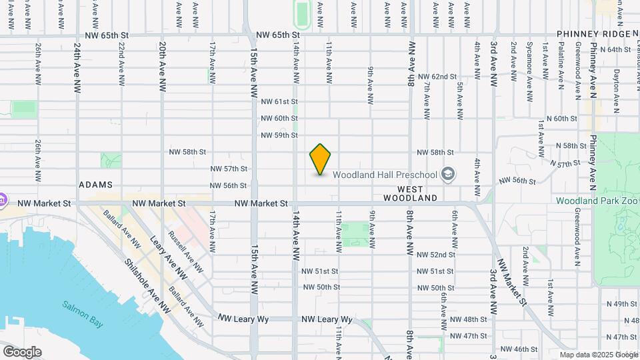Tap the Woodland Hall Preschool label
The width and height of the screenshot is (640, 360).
[x=385, y=175]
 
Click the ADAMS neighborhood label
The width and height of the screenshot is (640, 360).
[x=95, y=184]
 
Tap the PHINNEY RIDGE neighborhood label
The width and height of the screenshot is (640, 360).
[x=593, y=34]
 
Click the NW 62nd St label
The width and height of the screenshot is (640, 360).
[x=437, y=77]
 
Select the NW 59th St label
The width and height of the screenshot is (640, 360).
[x=279, y=135]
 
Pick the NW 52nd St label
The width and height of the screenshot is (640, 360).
[x=436, y=255]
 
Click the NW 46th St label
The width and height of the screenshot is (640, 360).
[x=519, y=349]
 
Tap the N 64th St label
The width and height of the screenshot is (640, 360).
[x=614, y=49]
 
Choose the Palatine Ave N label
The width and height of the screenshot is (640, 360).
[x=561, y=61]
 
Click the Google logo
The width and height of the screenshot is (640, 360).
[x=22, y=351]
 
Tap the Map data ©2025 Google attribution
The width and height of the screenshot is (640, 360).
[x=599, y=355]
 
